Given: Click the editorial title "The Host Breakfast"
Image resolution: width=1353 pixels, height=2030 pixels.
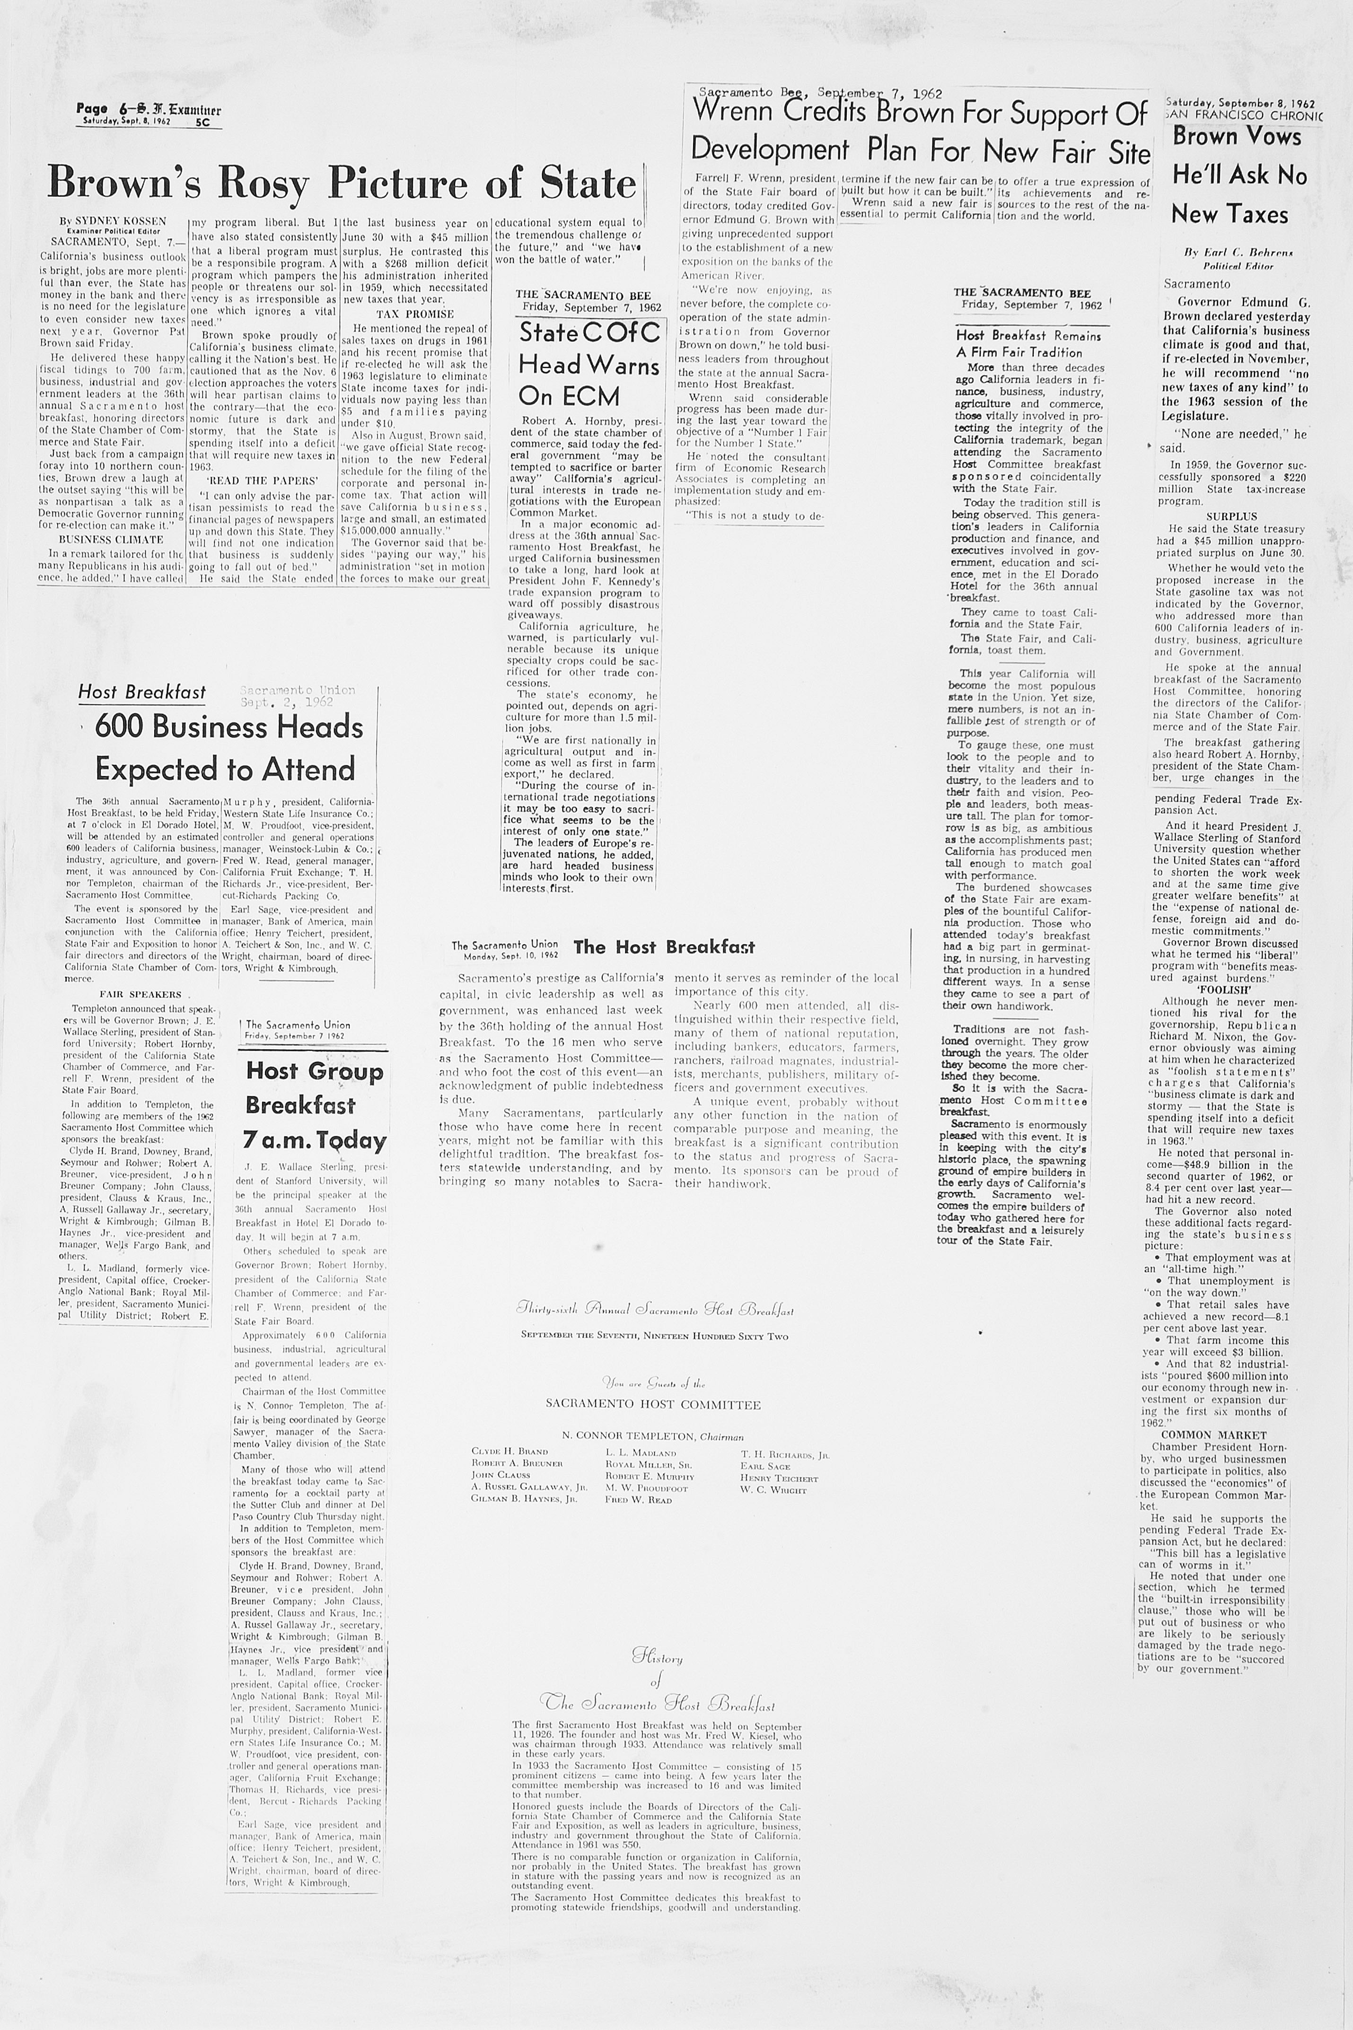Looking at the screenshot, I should coord(664,947).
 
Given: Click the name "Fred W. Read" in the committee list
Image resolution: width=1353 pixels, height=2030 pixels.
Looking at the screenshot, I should coord(639,1499).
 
